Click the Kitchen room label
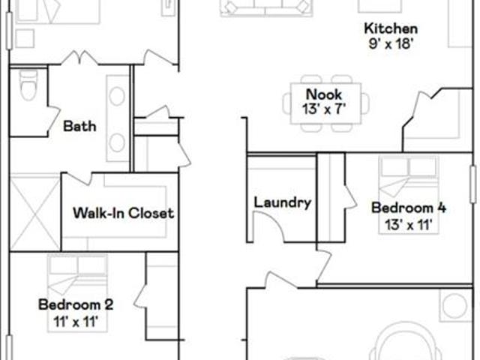[x=391, y=28]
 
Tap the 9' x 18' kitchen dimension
[x=391, y=43]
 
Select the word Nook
[x=324, y=94]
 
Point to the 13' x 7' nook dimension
[x=324, y=109]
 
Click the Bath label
[x=79, y=126]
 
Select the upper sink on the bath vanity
[x=117, y=96]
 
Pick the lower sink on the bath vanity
[x=117, y=142]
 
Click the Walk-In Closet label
[x=123, y=213]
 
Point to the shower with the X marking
[x=35, y=213]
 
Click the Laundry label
[x=283, y=202]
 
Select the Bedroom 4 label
[x=409, y=208]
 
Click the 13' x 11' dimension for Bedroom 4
[x=408, y=225]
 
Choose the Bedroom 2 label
[x=76, y=304]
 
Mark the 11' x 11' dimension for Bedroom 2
[x=76, y=322]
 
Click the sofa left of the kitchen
[x=266, y=7]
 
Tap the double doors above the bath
[x=80, y=58]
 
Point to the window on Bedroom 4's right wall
[x=473, y=184]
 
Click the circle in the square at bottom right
[x=455, y=305]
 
